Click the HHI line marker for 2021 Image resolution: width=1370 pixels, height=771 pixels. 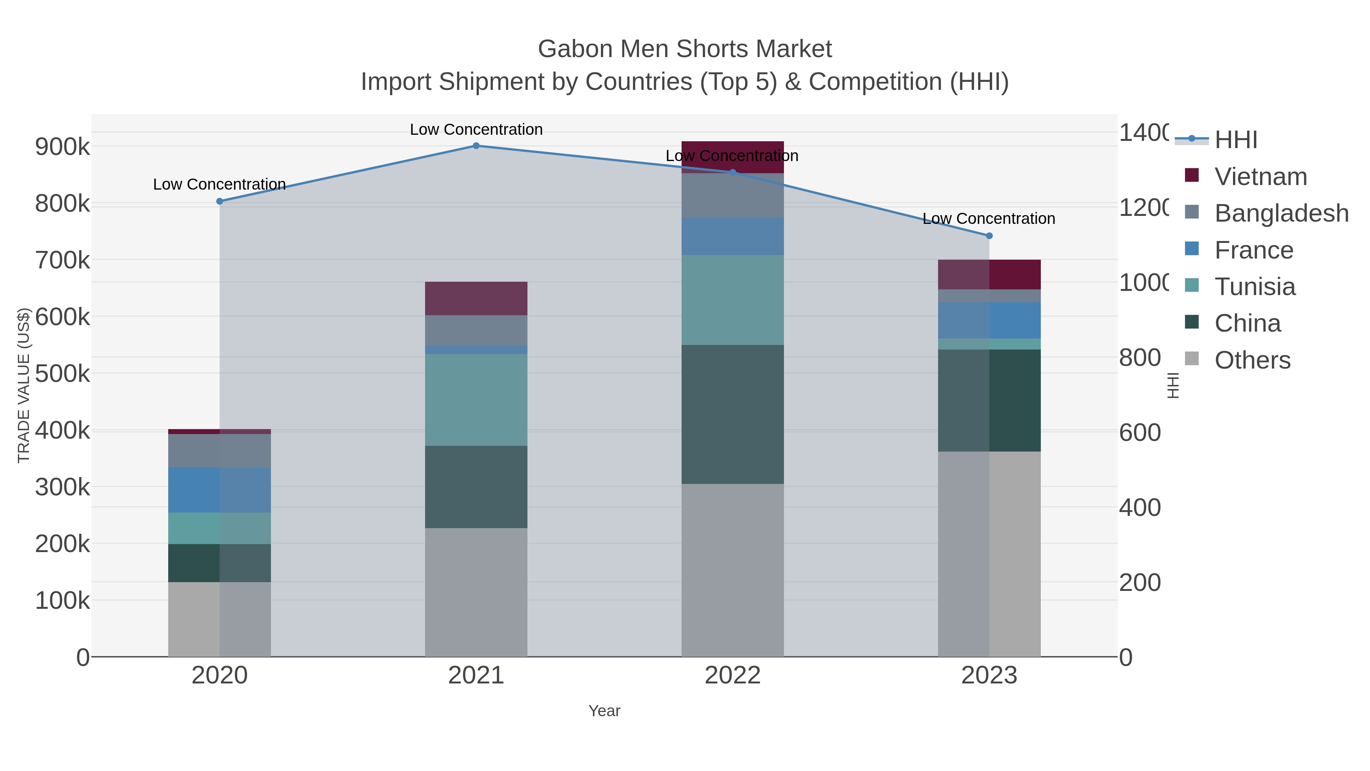476,146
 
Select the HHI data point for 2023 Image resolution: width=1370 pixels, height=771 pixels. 989,236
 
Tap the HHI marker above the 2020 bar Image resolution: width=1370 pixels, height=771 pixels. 220,201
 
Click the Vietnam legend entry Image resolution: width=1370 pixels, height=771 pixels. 1260,177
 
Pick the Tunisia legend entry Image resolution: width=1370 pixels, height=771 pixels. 1255,287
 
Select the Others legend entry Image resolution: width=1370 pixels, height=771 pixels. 1252,360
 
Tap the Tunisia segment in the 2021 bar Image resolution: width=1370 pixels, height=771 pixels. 476,400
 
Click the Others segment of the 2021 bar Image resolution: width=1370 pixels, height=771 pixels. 476,592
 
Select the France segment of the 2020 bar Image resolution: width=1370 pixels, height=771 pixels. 220,490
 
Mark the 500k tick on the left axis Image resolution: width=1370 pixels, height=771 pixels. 63,374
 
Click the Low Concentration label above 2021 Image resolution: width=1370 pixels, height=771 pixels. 476,129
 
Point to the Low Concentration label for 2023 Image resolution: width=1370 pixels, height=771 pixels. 989,219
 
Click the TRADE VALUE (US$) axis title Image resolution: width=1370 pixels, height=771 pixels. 24,385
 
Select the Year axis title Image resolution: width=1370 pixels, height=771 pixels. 604,711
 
